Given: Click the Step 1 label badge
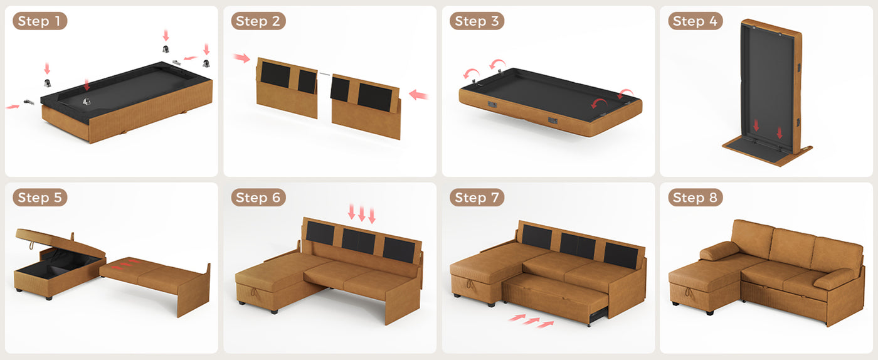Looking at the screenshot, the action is point(40,21).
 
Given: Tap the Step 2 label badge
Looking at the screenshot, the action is point(258,21).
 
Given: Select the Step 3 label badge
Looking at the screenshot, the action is point(477,21).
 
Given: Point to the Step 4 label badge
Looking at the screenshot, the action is point(696,21).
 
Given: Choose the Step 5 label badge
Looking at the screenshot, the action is point(40,198).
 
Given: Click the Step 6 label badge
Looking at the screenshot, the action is point(258,198).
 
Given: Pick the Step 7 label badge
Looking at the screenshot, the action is point(477,198).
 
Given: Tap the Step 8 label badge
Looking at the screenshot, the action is point(696,198).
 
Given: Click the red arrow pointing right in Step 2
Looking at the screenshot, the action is point(241,58).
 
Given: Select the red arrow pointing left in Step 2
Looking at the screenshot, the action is point(418,95).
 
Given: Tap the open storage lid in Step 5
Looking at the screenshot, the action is point(60,243).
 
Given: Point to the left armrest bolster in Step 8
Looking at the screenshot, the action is point(719,251).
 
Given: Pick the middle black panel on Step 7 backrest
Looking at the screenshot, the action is point(578,246).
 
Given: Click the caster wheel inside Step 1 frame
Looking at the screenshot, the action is point(87,101).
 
